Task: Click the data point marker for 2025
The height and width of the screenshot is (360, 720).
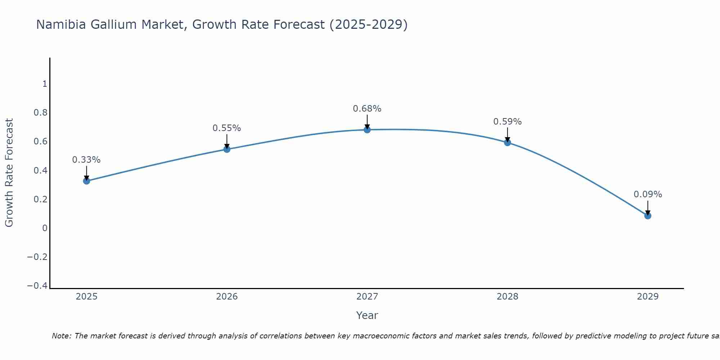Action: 86,181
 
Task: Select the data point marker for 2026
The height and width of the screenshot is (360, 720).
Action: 227,149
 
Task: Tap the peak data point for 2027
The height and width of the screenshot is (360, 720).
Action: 367,130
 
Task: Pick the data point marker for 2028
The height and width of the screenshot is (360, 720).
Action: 508,143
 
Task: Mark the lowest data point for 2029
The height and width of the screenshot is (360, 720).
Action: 648,216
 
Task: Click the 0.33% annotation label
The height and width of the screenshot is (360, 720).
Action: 86,160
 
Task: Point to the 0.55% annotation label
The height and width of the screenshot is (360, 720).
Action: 227,128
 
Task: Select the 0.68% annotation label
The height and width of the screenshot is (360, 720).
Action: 367,109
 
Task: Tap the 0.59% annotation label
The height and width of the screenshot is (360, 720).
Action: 508,122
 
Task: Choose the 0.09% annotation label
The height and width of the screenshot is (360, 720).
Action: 648,194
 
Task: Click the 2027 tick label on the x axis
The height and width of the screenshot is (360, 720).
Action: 367,297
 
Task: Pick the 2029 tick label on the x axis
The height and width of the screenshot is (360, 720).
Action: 648,297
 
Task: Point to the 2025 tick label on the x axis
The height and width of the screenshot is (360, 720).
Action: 87,297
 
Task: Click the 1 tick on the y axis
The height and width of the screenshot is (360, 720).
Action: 45,84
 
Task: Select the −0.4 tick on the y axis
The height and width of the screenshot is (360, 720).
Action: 37,285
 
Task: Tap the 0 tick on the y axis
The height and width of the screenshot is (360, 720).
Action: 45,228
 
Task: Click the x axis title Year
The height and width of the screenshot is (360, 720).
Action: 367,315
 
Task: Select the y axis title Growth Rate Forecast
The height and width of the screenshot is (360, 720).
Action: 9,172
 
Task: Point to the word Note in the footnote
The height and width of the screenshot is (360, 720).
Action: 61,336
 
